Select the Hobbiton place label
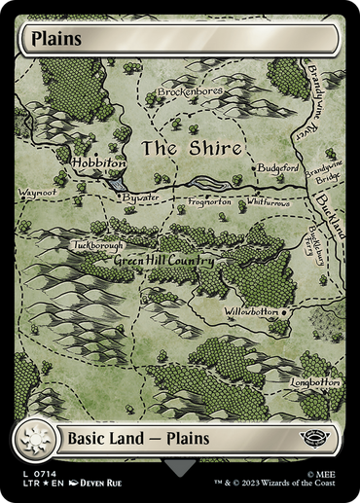(98, 163)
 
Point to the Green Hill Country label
(162, 261)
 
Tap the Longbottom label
(315, 382)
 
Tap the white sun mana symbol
(35, 439)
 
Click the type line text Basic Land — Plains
(138, 439)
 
